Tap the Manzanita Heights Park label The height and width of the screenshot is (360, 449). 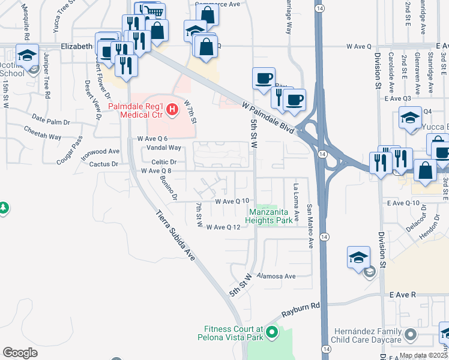coord(271,217)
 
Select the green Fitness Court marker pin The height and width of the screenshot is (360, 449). coord(272,331)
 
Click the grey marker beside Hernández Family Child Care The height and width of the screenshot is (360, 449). coord(411,333)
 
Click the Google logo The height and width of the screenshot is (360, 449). coord(20,352)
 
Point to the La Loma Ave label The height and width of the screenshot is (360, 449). coord(295,202)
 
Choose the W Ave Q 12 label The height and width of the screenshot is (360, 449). coord(223,227)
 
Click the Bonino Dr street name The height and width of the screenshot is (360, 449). coord(169,186)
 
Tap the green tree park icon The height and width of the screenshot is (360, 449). coord(3,208)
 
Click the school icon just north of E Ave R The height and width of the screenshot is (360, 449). coord(358,258)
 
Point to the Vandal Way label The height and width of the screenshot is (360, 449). coord(166,148)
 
